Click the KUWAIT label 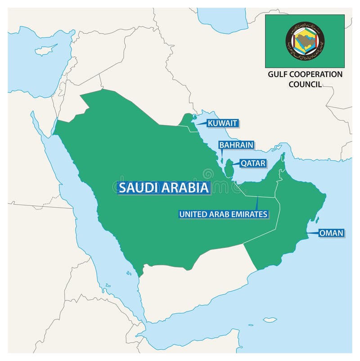coord(222,123)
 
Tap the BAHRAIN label coord(236,145)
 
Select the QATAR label coord(253,163)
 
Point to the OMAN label coord(331,233)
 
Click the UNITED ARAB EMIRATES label coord(223,214)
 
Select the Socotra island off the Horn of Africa coord(270,320)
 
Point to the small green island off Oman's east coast coord(317,220)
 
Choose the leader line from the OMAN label coord(312,233)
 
